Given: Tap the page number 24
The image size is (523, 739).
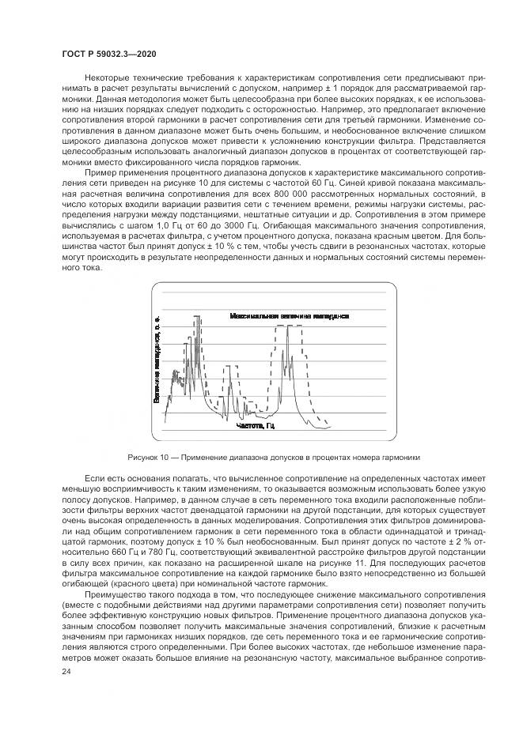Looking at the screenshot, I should [x=66, y=670].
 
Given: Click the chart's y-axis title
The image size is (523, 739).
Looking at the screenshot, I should [x=158, y=359].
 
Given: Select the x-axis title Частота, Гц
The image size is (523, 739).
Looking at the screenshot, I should [x=255, y=425].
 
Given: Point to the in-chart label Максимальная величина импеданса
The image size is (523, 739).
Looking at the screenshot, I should [x=290, y=315].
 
